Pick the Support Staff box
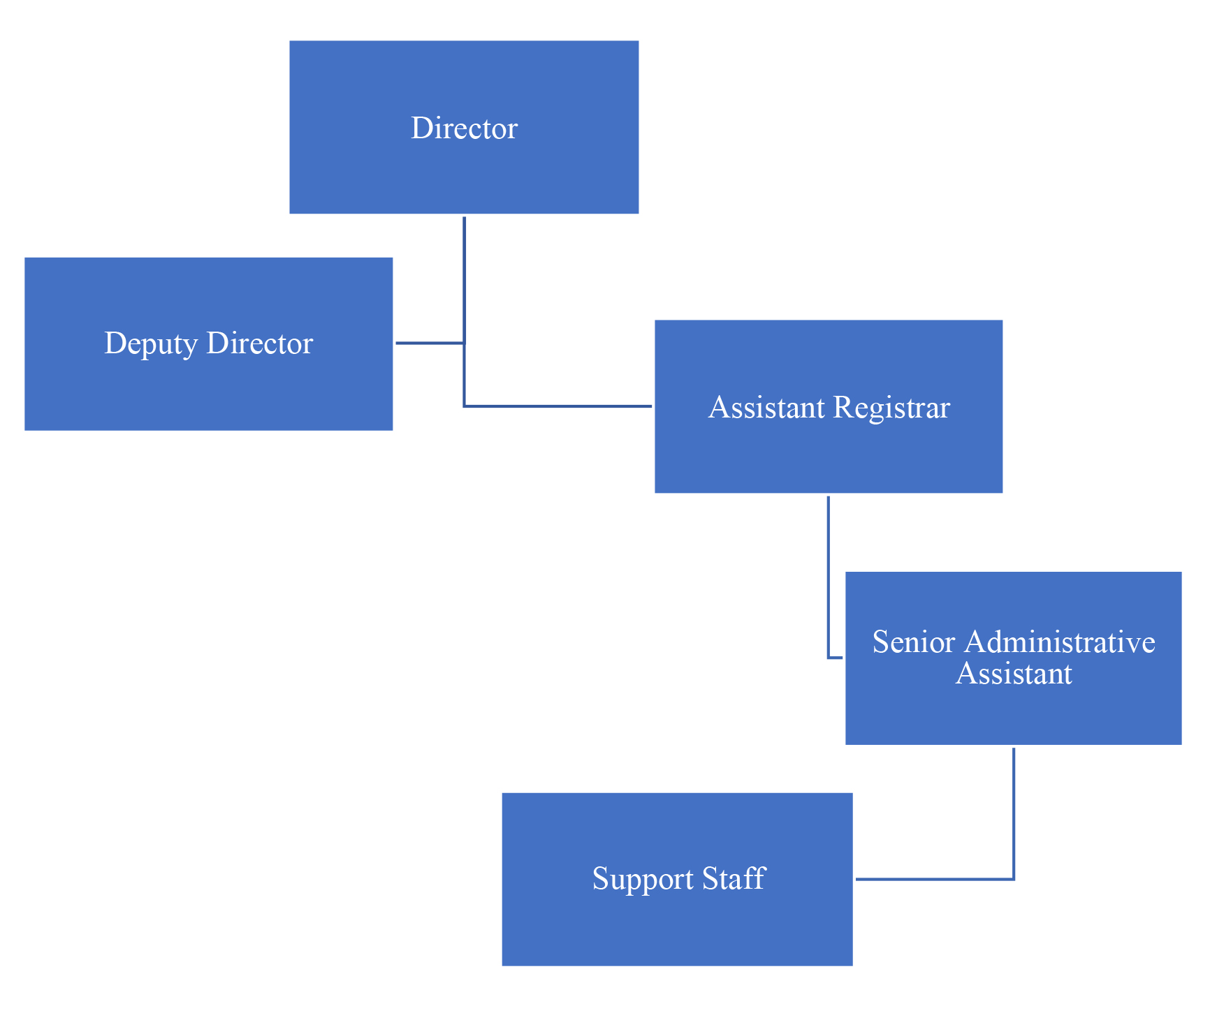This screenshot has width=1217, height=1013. click(x=677, y=929)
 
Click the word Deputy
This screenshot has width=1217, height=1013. click(x=150, y=343)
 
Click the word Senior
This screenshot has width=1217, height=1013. click(x=913, y=642)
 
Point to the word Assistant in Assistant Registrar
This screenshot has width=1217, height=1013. click(x=766, y=407)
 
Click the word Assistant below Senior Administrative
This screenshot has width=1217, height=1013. click(x=1013, y=674)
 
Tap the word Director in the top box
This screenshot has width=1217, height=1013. click(x=464, y=128)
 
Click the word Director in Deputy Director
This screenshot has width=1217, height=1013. click(x=260, y=343)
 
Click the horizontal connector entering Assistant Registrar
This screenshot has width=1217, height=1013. click(x=559, y=406)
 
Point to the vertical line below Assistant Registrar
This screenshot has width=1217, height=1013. click(x=828, y=572)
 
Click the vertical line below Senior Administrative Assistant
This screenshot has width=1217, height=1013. click(x=1013, y=810)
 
